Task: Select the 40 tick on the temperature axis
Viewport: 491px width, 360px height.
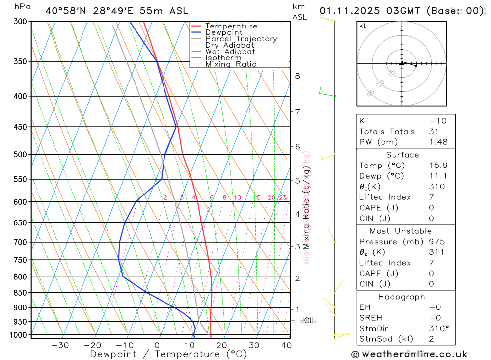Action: click(x=286, y=345)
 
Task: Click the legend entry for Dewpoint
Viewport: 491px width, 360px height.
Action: click(x=223, y=32)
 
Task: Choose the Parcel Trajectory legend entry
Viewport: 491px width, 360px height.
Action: click(x=241, y=39)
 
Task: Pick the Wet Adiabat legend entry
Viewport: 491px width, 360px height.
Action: click(x=230, y=52)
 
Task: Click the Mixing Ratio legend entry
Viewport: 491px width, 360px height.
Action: click(x=231, y=64)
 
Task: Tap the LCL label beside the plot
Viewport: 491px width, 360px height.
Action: click(x=306, y=321)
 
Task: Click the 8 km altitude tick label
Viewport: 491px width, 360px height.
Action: click(x=298, y=76)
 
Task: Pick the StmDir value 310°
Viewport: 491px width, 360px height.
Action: click(x=438, y=328)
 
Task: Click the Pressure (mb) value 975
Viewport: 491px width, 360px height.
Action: click(x=436, y=242)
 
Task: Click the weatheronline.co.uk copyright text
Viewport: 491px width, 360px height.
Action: click(x=409, y=354)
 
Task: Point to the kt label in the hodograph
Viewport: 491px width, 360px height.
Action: click(x=363, y=26)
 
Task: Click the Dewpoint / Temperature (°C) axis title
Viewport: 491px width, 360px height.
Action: click(x=168, y=354)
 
